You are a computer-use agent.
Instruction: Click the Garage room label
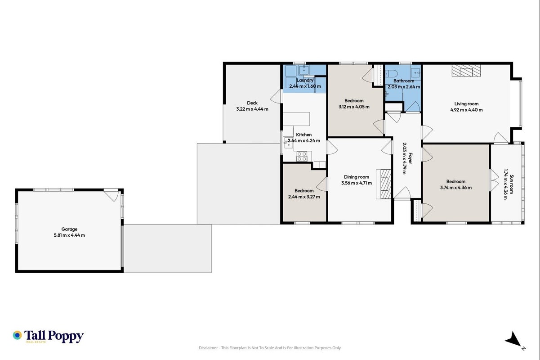[69, 229]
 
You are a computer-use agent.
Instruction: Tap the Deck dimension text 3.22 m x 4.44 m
[252, 109]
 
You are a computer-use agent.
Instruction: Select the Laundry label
[305, 81]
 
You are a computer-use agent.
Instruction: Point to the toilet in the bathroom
[391, 73]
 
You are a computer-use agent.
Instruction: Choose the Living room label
[466, 104]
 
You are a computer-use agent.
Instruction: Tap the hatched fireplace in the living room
[466, 71]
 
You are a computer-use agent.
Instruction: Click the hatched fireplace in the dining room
[384, 184]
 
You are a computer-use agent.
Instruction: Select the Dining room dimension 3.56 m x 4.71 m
[357, 183]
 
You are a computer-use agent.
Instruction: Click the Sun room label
[511, 184]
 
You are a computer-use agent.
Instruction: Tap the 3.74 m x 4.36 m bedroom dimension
[456, 188]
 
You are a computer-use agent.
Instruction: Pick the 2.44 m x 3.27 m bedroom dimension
[304, 197]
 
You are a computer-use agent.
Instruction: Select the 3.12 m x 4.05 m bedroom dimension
[354, 107]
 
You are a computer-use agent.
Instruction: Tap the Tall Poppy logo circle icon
[17, 335]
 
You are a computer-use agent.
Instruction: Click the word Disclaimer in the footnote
[208, 348]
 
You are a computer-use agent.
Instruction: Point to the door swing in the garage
[111, 195]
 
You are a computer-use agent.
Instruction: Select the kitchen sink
[288, 142]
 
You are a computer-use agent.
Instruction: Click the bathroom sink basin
[415, 72]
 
